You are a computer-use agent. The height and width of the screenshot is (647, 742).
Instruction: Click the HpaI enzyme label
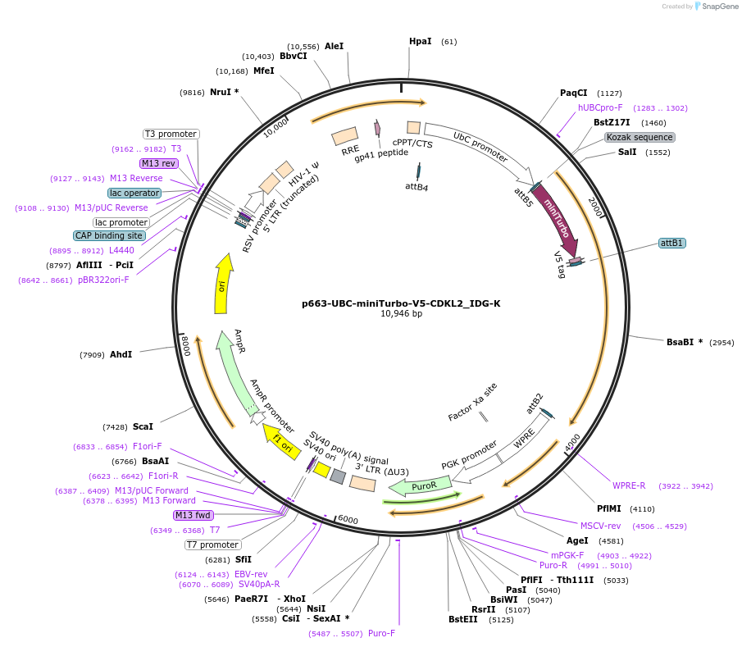tap(420, 41)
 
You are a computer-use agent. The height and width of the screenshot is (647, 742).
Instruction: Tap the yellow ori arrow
tap(221, 283)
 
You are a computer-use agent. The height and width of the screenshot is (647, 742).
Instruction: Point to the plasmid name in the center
tap(401, 303)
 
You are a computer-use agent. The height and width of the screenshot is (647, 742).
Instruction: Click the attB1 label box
tap(672, 243)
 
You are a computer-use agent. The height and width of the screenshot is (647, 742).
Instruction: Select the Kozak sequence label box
tap(640, 137)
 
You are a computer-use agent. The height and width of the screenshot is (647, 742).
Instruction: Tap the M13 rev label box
tap(159, 163)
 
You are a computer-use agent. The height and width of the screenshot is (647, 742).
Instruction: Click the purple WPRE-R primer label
tap(629, 485)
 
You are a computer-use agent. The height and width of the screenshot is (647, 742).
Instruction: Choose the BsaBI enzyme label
tap(684, 342)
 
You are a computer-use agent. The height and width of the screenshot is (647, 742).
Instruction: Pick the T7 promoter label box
tap(213, 544)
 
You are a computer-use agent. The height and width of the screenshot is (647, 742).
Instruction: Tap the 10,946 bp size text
tap(401, 314)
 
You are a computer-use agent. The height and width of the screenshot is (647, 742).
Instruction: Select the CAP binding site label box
tap(109, 235)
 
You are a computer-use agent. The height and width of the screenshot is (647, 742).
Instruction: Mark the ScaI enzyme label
tap(143, 426)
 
